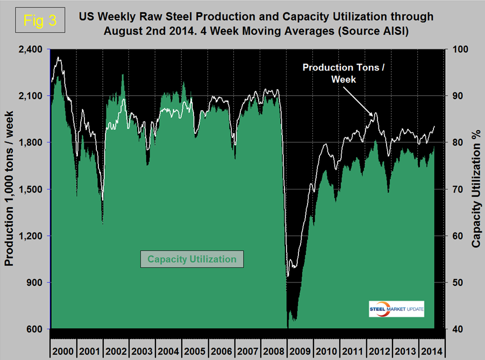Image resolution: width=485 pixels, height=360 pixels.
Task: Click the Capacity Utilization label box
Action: pos(192,259)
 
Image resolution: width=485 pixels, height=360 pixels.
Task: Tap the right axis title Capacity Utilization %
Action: pos(476,189)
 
